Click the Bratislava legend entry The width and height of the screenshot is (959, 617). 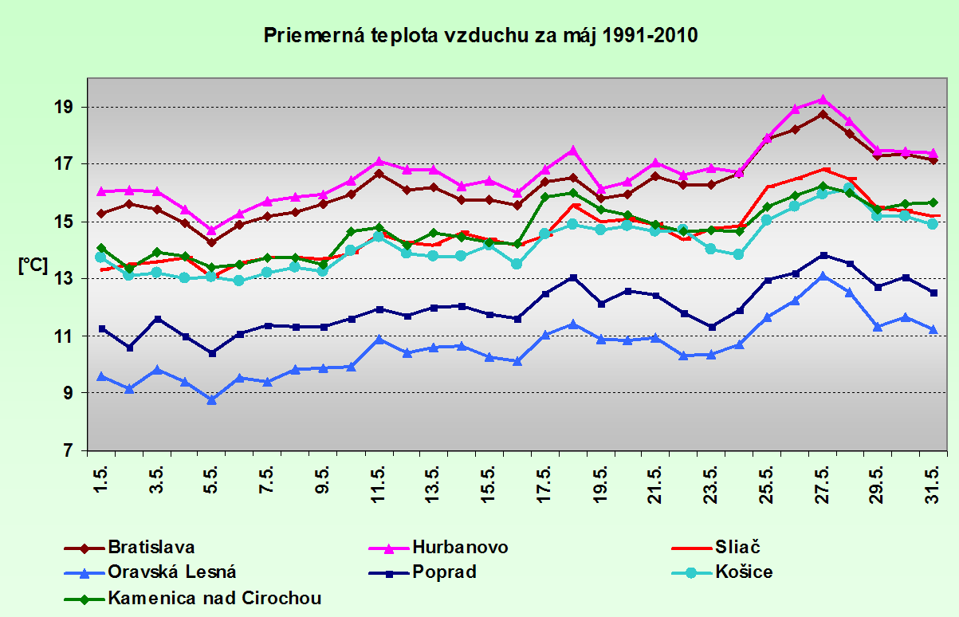click(x=151, y=548)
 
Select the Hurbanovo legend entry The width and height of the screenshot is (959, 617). click(x=460, y=548)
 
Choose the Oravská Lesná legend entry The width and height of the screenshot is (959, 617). click(x=172, y=572)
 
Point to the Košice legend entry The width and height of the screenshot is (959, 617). click(x=745, y=572)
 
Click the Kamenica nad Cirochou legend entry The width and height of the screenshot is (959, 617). click(x=214, y=597)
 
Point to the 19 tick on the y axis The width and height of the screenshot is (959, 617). click(x=65, y=107)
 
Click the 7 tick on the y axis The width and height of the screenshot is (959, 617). click(x=69, y=450)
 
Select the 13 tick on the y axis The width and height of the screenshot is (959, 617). click(x=65, y=279)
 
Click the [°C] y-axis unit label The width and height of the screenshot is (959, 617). click(x=33, y=266)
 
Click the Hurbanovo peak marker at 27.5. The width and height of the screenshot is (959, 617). click(x=822, y=100)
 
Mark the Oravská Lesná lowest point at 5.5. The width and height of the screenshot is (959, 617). click(x=212, y=399)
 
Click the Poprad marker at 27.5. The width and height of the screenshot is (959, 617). click(x=822, y=255)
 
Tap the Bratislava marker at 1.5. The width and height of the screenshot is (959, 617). click(x=101, y=214)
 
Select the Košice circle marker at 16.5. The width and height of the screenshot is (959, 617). click(x=517, y=264)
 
